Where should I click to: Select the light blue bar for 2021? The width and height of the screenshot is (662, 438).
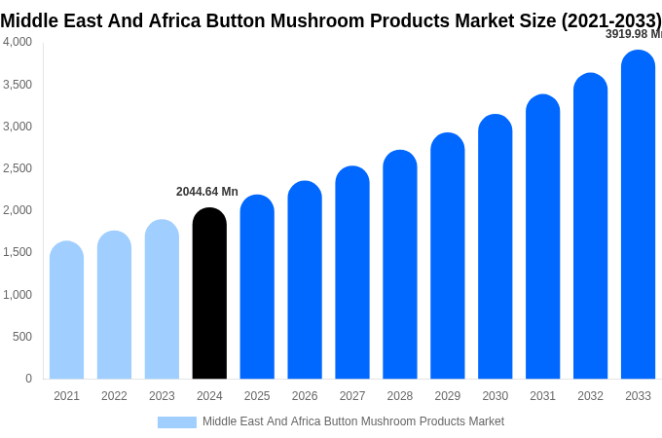[x=66, y=311]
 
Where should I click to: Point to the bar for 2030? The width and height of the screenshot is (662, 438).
[x=495, y=247]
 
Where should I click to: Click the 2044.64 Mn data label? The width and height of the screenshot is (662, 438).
[x=206, y=192]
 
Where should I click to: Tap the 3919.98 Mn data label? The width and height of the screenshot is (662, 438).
[x=633, y=34]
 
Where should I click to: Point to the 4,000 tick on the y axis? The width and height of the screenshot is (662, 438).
[x=18, y=42]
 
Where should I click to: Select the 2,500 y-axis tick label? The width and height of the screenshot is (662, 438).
[x=18, y=168]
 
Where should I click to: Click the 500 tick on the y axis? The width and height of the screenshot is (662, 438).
[x=21, y=337]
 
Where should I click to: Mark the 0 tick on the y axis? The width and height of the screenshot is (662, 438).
[x=28, y=379]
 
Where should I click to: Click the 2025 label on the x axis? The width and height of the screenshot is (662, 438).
[x=257, y=396]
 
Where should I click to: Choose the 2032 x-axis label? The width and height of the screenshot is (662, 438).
[x=590, y=396]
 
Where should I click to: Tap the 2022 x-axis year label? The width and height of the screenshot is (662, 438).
[x=114, y=396]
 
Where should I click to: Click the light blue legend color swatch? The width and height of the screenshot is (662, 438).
[x=176, y=422]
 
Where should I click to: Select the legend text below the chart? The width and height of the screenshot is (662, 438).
[x=352, y=421]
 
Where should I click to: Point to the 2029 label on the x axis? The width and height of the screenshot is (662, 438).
[x=447, y=396]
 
